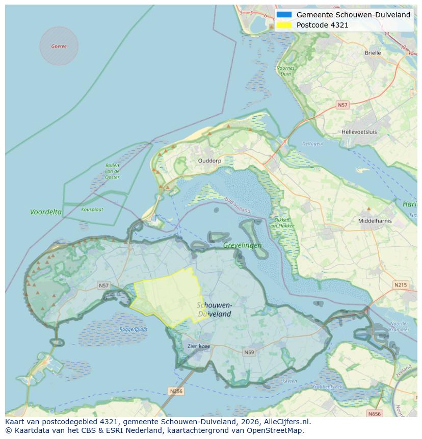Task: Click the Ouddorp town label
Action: point(209,160)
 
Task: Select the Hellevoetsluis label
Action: point(359,132)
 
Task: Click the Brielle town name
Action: point(373,53)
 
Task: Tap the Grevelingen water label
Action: point(242,245)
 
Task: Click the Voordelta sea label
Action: point(46,212)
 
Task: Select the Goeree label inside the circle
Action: point(59,46)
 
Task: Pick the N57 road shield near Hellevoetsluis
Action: point(342,105)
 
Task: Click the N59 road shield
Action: point(249,352)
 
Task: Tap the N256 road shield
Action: point(176,391)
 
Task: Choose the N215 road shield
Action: point(401,285)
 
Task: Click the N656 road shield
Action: point(375,414)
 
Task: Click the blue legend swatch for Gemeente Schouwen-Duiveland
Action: point(284,15)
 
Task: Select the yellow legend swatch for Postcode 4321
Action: point(284,25)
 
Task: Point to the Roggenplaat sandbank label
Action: point(134,329)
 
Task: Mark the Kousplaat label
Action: point(92,209)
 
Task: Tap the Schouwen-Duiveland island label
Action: point(215,309)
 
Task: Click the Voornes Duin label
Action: point(285,71)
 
